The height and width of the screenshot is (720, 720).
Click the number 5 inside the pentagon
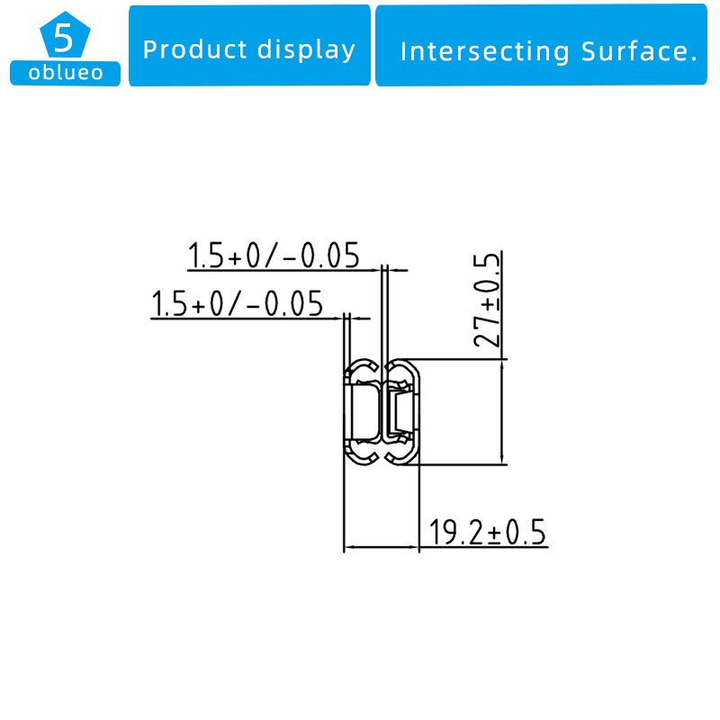tap(63, 38)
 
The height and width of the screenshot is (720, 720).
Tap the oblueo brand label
tap(65, 73)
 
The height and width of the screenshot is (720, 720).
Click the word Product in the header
tap(195, 49)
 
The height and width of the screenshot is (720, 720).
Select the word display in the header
tap(306, 50)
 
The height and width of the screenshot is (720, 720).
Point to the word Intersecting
tap(485, 51)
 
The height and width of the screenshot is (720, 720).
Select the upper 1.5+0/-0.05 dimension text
tap(274, 256)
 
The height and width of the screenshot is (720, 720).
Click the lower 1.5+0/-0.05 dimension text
tap(237, 303)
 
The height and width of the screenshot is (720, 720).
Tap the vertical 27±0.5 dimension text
tap(487, 300)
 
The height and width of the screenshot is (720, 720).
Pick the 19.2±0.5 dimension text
tap(487, 532)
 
